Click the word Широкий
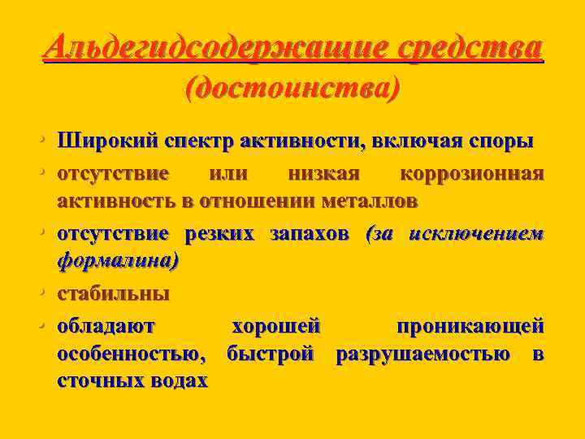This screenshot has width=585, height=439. coord(102,141)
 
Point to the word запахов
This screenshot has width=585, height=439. coord(310,236)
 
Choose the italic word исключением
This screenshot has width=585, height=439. coord(475,236)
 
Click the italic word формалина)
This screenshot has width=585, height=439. coord(117,260)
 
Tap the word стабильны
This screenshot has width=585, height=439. coord(113,293)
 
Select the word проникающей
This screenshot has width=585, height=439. coord(470,329)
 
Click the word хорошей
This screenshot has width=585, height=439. coord(276,329)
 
